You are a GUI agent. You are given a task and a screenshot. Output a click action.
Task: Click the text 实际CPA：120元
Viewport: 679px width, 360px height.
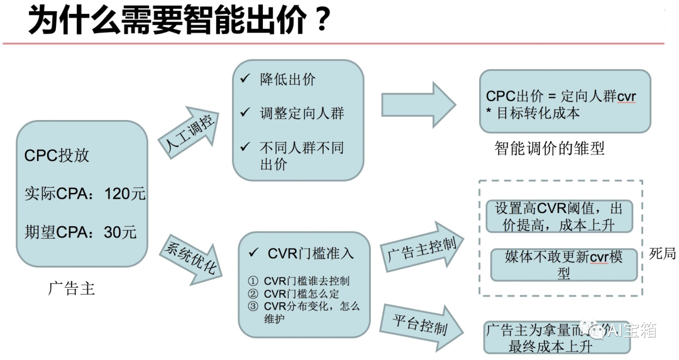click(85, 194)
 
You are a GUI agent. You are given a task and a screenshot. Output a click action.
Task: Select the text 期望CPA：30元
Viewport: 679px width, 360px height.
click(80, 232)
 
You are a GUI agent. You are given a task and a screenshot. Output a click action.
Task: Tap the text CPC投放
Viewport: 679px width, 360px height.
click(57, 156)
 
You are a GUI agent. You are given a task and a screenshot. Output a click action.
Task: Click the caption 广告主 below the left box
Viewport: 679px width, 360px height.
click(71, 288)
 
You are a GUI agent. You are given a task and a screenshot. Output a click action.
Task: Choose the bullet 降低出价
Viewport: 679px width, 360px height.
click(287, 80)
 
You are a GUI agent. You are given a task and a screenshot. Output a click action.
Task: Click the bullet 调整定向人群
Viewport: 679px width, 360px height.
click(301, 114)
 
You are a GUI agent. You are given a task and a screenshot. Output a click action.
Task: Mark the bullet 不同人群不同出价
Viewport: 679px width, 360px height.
click(301, 156)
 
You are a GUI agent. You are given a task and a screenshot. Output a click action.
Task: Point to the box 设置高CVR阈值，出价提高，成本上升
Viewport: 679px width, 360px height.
click(558, 216)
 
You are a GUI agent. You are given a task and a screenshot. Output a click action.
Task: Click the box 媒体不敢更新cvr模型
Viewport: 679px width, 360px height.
click(563, 265)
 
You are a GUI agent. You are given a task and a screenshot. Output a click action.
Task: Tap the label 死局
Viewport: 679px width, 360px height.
click(662, 254)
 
